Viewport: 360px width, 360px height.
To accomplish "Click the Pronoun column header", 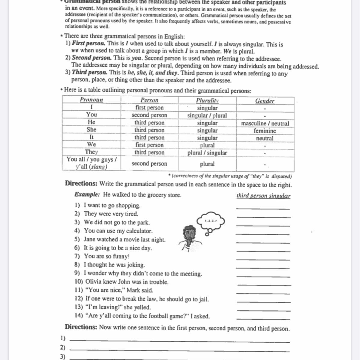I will click(x=91, y=100).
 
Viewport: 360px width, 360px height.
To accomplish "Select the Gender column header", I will click(x=265, y=101).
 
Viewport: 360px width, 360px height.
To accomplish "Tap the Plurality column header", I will click(x=207, y=100).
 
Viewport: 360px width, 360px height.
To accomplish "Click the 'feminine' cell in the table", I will click(x=265, y=131).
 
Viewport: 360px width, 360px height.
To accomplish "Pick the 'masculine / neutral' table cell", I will click(x=265, y=123).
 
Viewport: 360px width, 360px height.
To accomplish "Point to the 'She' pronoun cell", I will click(x=91, y=130).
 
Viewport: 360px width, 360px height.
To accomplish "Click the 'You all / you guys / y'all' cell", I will click(x=92, y=163).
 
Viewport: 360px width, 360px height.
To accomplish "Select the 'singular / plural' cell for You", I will click(x=207, y=115).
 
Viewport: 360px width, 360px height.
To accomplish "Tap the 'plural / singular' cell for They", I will click(x=207, y=153).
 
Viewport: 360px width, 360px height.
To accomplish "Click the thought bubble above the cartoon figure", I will click(x=210, y=221).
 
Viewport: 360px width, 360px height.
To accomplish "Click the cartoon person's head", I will click(x=189, y=232).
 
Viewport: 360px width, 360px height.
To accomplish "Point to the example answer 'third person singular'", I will click(x=263, y=196).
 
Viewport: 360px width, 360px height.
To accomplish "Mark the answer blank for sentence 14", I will click(x=263, y=319).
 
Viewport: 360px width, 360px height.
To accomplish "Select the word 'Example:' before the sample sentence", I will click(x=87, y=194).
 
